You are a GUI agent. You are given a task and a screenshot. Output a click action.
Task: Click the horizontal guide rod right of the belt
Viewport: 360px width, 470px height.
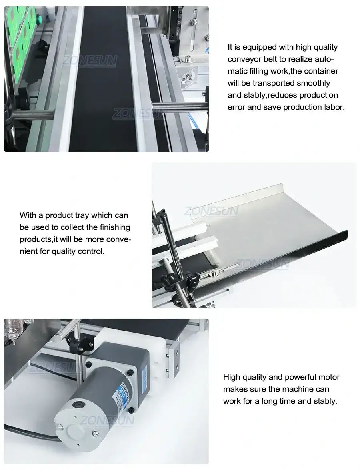(x=180, y=106)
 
